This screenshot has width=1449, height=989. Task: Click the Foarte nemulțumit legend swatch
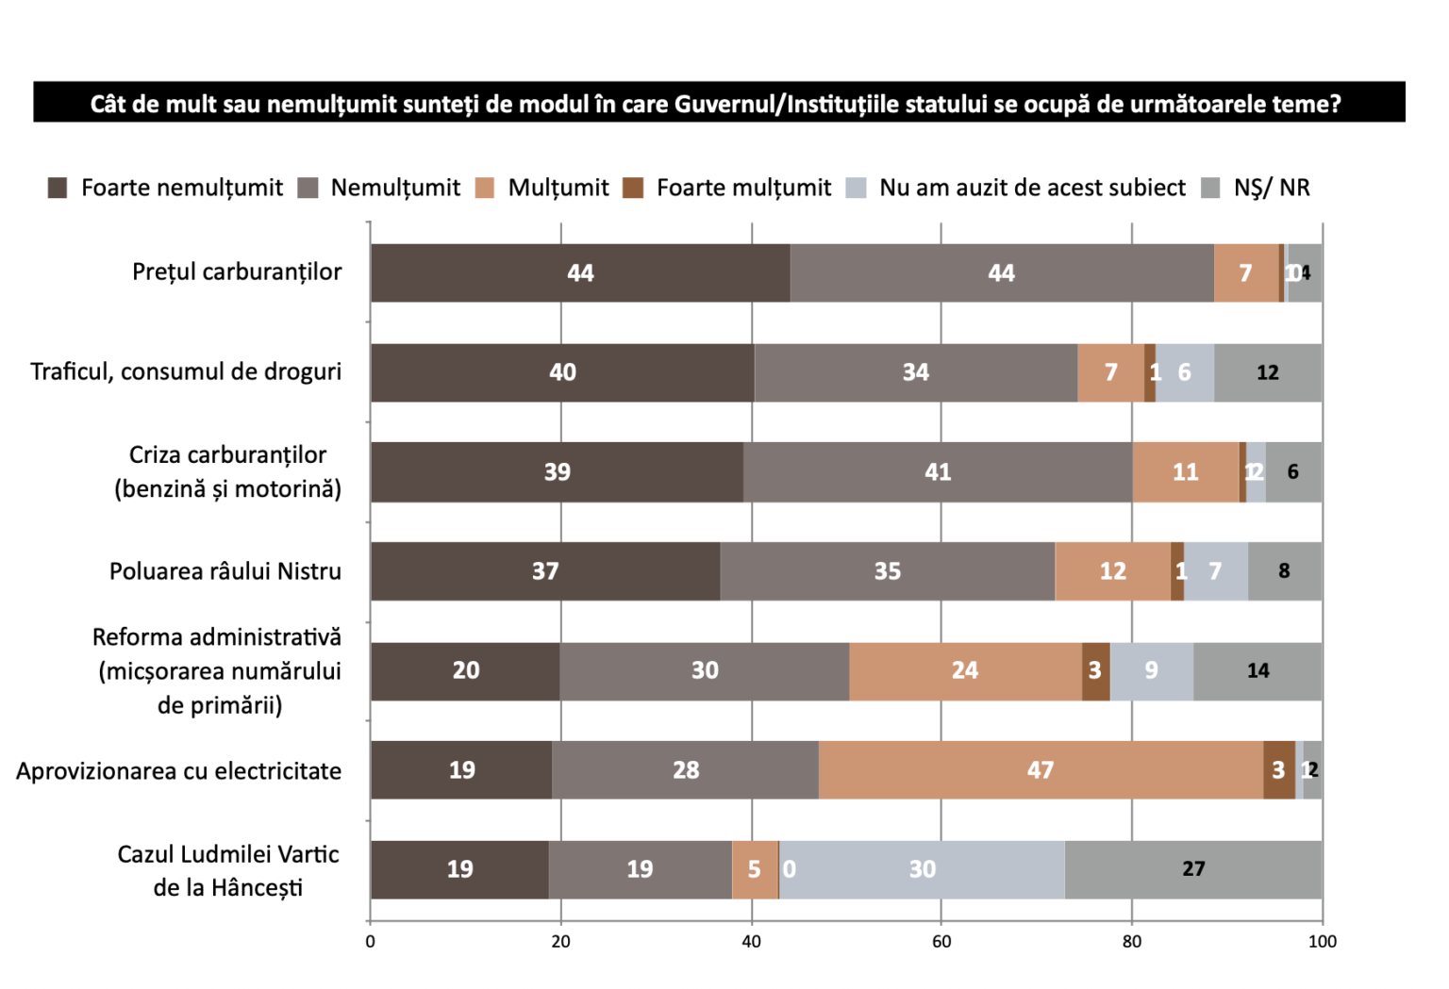(58, 188)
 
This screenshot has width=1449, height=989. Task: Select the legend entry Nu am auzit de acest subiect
(1031, 188)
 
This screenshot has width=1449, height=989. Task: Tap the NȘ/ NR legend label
(1271, 188)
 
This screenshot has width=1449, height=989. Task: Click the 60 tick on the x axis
(941, 941)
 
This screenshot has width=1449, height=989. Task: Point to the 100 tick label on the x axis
(1322, 941)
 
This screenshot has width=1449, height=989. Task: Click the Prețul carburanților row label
(237, 272)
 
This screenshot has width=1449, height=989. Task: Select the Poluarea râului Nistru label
(225, 571)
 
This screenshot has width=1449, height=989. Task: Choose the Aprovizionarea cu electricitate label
(179, 771)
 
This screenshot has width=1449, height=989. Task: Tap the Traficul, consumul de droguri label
(186, 371)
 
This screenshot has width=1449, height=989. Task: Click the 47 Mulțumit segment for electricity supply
(1041, 770)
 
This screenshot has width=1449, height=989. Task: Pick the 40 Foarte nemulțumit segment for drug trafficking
(562, 372)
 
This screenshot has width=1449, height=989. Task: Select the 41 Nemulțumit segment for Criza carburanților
(938, 471)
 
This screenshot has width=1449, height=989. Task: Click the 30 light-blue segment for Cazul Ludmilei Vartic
(922, 869)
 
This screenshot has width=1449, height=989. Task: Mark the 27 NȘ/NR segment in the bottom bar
(1193, 869)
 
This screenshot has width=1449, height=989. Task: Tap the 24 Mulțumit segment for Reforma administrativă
(965, 670)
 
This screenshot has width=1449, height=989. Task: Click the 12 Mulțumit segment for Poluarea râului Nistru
(1112, 571)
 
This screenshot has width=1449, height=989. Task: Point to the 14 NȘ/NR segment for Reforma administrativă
(1257, 670)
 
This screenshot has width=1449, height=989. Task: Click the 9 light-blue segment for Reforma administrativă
(1151, 670)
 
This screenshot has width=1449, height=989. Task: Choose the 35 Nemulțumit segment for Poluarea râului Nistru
(887, 571)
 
